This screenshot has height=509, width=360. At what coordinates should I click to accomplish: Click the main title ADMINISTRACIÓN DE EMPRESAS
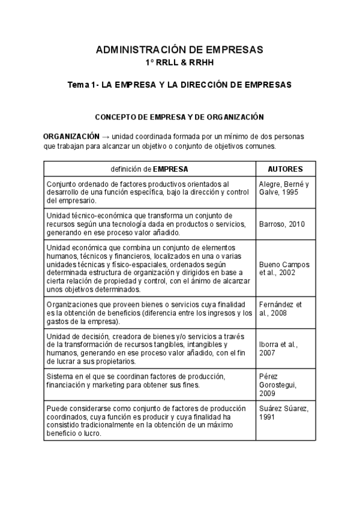click(179, 50)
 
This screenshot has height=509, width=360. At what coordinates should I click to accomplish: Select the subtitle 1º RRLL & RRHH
click(179, 62)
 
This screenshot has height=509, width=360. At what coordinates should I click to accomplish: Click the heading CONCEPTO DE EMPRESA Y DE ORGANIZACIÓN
click(179, 117)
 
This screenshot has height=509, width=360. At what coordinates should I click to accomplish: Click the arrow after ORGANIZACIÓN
click(106, 136)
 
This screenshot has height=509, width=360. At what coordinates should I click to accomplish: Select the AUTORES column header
click(285, 169)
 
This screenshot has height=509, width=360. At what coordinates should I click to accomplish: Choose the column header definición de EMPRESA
click(149, 169)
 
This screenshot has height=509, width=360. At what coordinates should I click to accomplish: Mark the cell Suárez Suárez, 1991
click(282, 414)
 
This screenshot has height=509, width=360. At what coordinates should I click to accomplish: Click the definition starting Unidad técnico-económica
click(144, 224)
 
